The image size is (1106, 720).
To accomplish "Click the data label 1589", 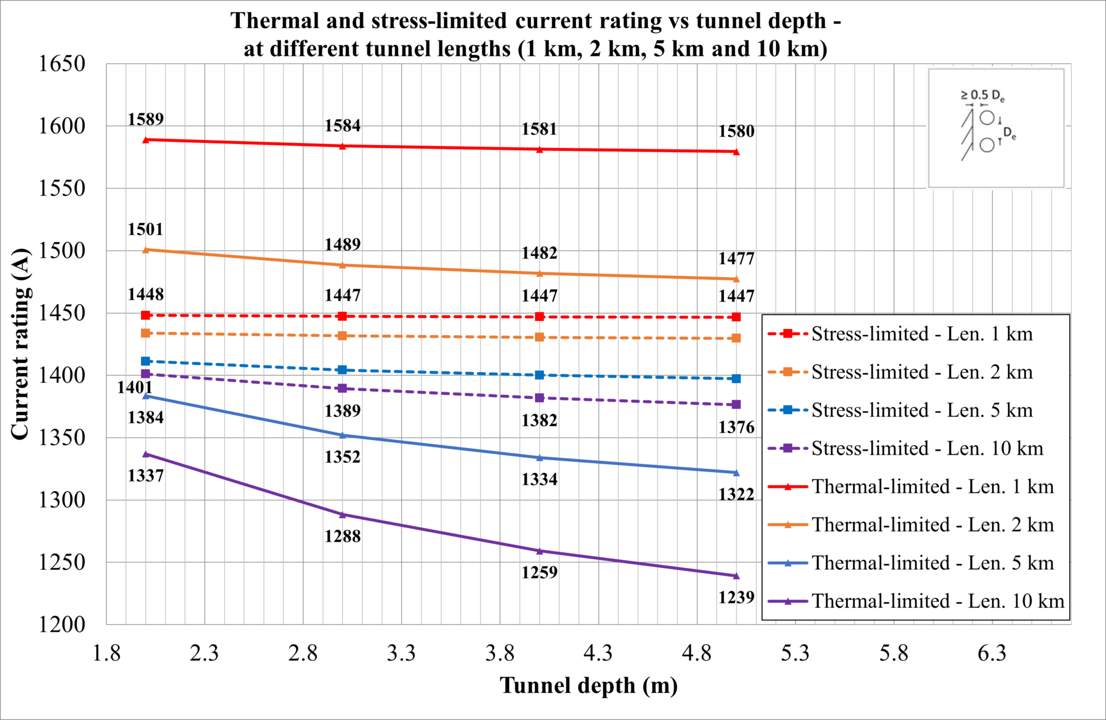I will point(145,119).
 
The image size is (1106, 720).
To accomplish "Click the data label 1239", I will point(736,597).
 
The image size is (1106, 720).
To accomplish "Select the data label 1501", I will point(145,229).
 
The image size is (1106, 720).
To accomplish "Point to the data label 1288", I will point(342,536).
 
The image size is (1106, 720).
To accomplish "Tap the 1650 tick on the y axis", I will point(62,63).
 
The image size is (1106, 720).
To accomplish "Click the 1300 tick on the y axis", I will point(62,499).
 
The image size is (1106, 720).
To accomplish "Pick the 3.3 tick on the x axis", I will point(401,653).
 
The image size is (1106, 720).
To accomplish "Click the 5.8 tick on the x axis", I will point(893,653).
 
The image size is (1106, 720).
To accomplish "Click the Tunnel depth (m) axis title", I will point(588,685).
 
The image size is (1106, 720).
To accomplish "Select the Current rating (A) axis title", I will point(20,344).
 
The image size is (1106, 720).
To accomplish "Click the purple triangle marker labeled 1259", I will point(539,551).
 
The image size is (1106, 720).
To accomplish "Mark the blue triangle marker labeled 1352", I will point(342,435).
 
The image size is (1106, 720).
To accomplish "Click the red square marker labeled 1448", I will point(145,315).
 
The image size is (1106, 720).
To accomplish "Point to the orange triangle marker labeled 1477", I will point(736,279).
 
